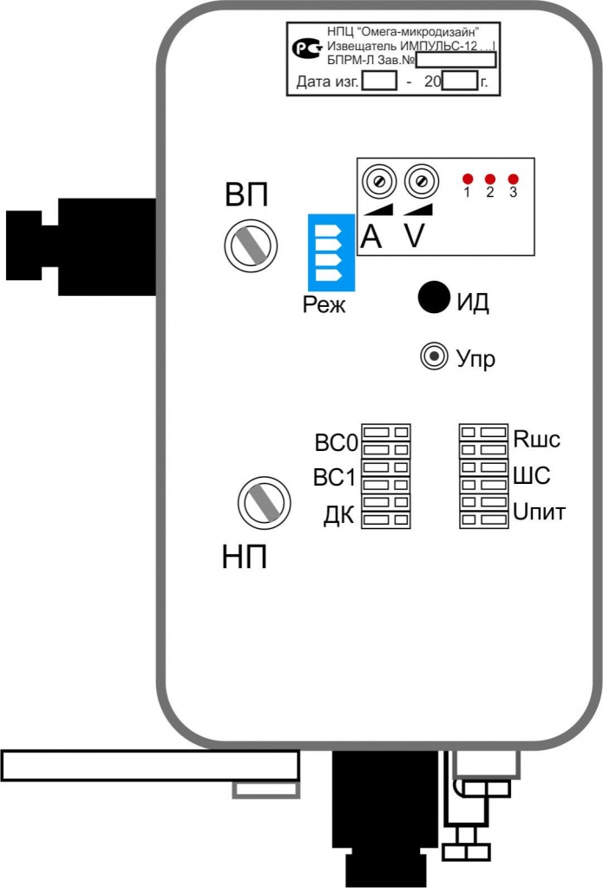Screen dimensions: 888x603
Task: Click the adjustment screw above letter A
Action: [378, 182]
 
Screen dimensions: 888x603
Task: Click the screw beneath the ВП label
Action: [250, 246]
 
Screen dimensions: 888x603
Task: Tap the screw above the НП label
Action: [262, 503]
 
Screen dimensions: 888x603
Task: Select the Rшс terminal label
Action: [537, 439]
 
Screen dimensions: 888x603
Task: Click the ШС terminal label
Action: [532, 476]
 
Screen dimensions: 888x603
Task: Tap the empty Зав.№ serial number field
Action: [456, 60]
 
